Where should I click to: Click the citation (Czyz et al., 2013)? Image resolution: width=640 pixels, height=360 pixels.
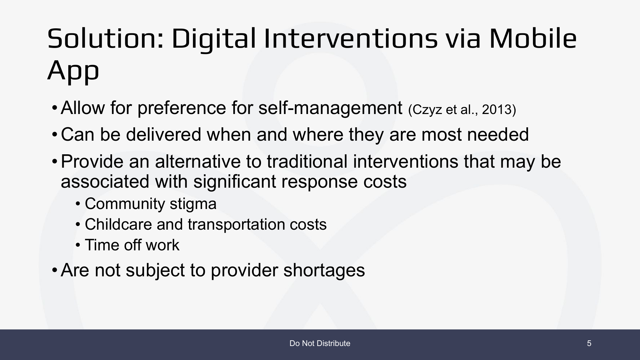(x=462, y=110)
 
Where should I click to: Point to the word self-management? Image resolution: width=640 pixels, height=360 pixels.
(x=330, y=108)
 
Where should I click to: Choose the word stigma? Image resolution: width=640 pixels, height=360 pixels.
(x=193, y=204)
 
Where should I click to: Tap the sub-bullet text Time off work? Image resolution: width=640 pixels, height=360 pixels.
(x=132, y=245)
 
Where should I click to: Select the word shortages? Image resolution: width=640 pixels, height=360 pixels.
(x=324, y=270)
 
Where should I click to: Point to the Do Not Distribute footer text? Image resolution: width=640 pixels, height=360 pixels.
(x=320, y=343)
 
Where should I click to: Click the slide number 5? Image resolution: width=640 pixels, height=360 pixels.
(x=589, y=343)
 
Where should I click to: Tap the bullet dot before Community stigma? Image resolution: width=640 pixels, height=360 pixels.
(x=78, y=204)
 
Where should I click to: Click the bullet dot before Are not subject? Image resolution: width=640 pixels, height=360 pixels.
(x=54, y=270)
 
